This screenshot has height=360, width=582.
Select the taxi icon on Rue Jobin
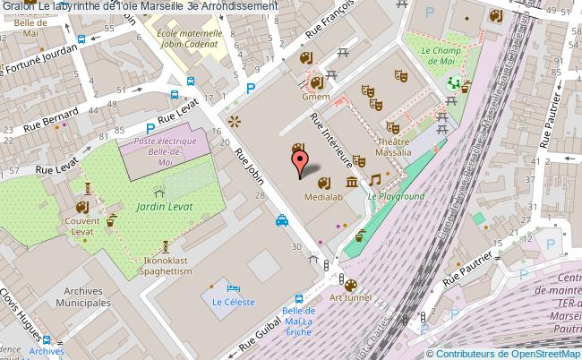click(281, 220)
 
